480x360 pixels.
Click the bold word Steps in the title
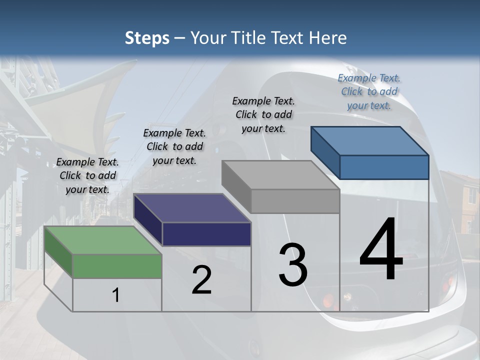147,38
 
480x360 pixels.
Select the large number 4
381,250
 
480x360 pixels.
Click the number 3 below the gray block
292,265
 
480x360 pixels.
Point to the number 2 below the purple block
201,280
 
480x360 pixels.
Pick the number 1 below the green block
115,295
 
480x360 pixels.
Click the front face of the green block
117,266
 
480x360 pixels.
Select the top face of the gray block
280,175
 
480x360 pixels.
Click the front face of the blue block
384,167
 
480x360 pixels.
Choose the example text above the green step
87,175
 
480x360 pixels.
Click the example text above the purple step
174,146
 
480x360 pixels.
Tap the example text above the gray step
263,114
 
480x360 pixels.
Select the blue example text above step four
369,91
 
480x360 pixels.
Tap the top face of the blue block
370,141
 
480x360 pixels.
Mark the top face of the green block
103,240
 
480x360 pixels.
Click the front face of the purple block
206,234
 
